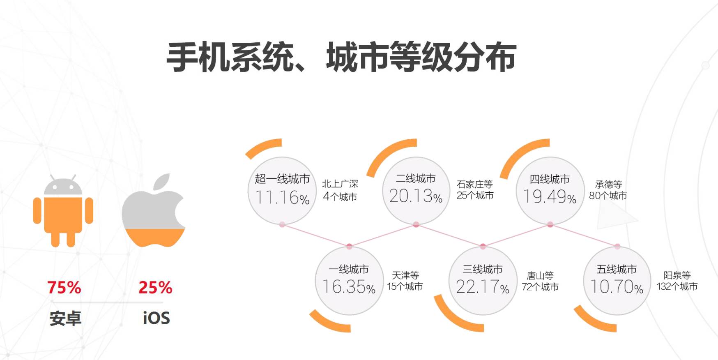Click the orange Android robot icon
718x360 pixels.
63,212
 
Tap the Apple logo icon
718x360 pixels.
153,212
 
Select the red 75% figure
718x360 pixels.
64,287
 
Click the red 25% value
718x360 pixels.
155,287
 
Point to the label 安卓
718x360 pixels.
65,318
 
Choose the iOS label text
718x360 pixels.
156,318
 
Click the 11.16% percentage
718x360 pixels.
282,198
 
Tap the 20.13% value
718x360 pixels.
416,196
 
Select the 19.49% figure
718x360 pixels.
550,196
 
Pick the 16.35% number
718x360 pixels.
349,287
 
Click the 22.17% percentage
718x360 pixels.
483,287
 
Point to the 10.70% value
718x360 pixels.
617,287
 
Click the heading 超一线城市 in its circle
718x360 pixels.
282,179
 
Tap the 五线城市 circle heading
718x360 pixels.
617,269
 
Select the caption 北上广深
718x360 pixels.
340,184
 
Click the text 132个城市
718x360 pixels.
677,286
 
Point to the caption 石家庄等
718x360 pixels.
474,184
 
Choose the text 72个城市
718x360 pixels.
540,286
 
